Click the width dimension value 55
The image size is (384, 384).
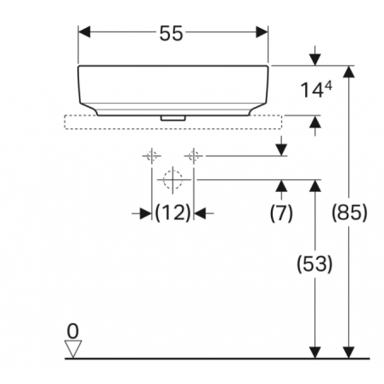172,33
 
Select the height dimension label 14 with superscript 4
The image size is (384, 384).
316,90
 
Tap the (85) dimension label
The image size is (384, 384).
349,212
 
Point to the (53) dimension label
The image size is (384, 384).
314,264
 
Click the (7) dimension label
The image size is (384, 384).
281,212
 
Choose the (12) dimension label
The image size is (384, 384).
172,212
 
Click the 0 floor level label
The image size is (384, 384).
73,331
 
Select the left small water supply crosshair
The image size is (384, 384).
152,155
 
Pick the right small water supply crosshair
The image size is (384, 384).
194,155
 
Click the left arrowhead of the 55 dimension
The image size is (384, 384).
84,32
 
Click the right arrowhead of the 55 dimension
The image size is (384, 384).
262,32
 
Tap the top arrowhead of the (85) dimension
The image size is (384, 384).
349,71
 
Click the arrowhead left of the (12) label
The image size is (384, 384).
146,213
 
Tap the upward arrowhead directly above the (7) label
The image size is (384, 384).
281,185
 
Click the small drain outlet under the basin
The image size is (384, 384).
172,118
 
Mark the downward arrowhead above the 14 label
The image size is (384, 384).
315,59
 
